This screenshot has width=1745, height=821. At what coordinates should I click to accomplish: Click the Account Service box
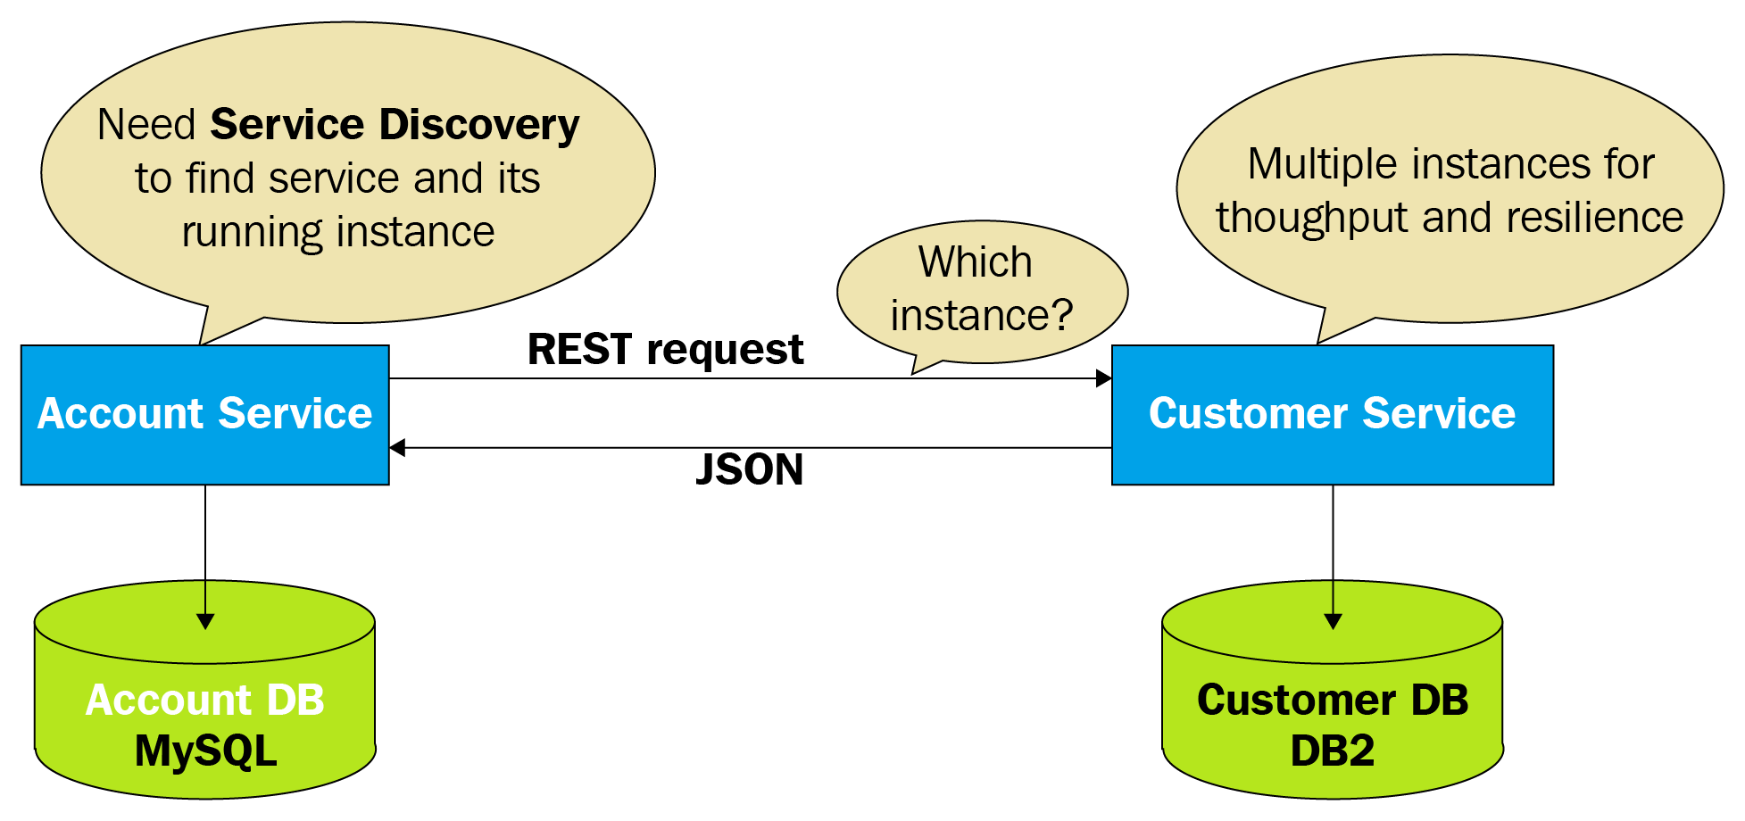tap(204, 415)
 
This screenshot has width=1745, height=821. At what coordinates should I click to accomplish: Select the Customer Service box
tap(1332, 415)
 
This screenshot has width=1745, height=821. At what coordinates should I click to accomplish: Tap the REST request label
tap(665, 349)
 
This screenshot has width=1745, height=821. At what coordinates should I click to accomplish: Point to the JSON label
tap(749, 469)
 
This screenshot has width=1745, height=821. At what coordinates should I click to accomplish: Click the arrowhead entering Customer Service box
tap(1104, 378)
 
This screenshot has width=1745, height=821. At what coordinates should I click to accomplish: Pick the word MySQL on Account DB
tap(205, 751)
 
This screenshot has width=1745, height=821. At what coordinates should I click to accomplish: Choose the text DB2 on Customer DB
tap(1332, 751)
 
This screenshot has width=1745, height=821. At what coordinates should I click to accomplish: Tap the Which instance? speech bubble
tap(982, 290)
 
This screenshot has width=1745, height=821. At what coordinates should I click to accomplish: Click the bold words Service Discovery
tap(395, 124)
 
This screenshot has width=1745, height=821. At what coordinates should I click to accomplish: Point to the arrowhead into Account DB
tap(205, 621)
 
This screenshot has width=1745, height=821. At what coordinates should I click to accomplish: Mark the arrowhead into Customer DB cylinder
tap(1333, 621)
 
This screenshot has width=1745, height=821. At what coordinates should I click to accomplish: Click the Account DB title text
tap(204, 700)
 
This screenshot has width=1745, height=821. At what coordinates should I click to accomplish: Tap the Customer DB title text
tap(1332, 700)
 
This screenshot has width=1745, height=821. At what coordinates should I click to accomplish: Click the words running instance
tap(337, 232)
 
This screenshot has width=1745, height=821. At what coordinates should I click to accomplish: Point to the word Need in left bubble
tap(146, 124)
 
